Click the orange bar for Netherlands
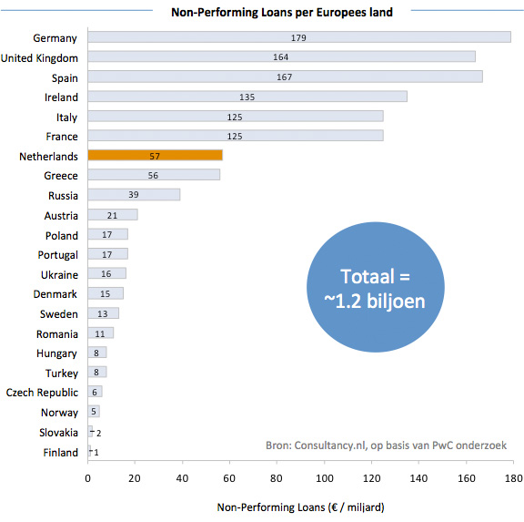click(x=155, y=157)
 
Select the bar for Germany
click(x=299, y=37)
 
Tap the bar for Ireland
click(x=247, y=97)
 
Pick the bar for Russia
click(x=134, y=196)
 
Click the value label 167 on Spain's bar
click(x=285, y=77)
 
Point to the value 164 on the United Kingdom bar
click(x=281, y=57)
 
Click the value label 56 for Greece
click(x=154, y=176)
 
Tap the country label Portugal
click(x=57, y=255)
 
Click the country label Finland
click(x=61, y=453)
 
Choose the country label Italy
click(x=66, y=118)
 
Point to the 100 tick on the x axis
click(x=325, y=476)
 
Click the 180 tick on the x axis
click(x=513, y=476)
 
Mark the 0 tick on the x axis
click(x=88, y=476)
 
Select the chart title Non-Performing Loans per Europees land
click(x=276, y=12)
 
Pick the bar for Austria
click(x=113, y=215)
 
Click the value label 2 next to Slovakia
click(x=98, y=434)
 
